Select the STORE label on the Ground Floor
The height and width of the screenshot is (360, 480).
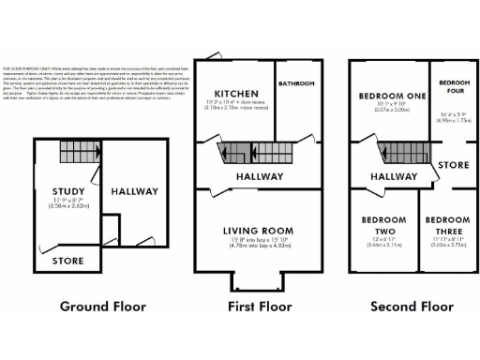tap(67, 260)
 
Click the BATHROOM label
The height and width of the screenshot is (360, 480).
tap(296, 83)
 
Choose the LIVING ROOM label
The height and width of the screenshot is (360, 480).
tap(258, 231)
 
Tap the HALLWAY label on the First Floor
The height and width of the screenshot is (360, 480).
tap(259, 174)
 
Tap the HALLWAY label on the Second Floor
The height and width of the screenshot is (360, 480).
tap(393, 176)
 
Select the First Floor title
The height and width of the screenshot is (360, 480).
tap(258, 306)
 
